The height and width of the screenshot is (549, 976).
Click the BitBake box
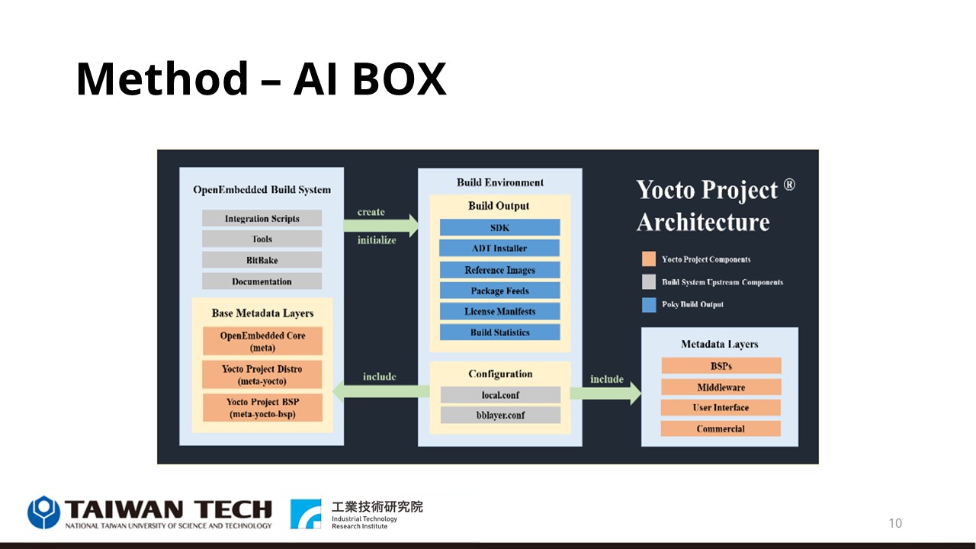pyautogui.click(x=262, y=260)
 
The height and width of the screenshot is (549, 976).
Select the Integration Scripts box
pyautogui.click(x=262, y=218)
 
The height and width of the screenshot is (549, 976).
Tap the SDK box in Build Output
pyautogui.click(x=499, y=227)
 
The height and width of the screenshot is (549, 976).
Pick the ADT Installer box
pyautogui.click(x=499, y=248)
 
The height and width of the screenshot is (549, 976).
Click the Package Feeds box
pyautogui.click(x=499, y=291)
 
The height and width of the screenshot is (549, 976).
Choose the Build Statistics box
pyautogui.click(x=499, y=332)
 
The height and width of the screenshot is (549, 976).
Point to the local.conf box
pyautogui.click(x=501, y=395)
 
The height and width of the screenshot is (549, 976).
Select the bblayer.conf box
pyautogui.click(x=501, y=415)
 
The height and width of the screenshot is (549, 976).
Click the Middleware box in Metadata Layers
pyautogui.click(x=721, y=387)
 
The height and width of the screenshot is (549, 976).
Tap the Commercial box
pyautogui.click(x=721, y=429)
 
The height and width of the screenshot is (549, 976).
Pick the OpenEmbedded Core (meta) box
pyautogui.click(x=262, y=341)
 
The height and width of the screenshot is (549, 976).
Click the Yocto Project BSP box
pyautogui.click(x=262, y=408)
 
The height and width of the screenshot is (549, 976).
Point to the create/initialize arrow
pyautogui.click(x=380, y=226)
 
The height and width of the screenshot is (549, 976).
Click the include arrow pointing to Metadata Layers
pyautogui.click(x=605, y=393)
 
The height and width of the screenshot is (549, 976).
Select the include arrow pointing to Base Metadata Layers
pyautogui.click(x=381, y=391)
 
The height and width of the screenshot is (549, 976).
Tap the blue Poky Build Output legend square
pyautogui.click(x=649, y=305)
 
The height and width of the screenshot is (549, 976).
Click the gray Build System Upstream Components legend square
pyautogui.click(x=649, y=282)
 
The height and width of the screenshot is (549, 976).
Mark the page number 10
pyautogui.click(x=895, y=523)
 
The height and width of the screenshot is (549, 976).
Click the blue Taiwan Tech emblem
pyautogui.click(x=43, y=512)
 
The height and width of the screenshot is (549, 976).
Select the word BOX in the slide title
pyautogui.click(x=399, y=79)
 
